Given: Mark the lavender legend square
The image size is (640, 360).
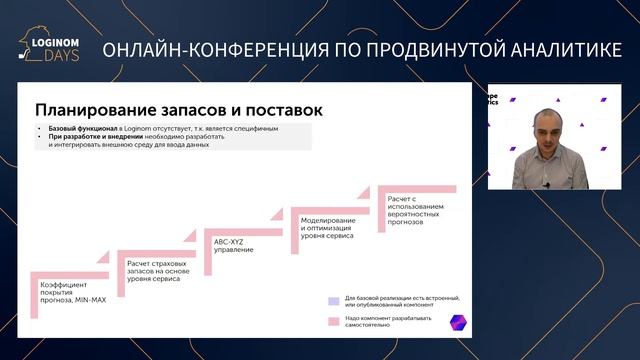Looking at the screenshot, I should click(333, 300).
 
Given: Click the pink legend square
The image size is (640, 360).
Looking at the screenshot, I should click(333, 322).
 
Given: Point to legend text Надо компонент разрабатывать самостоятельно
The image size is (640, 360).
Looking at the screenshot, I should click(380, 322).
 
